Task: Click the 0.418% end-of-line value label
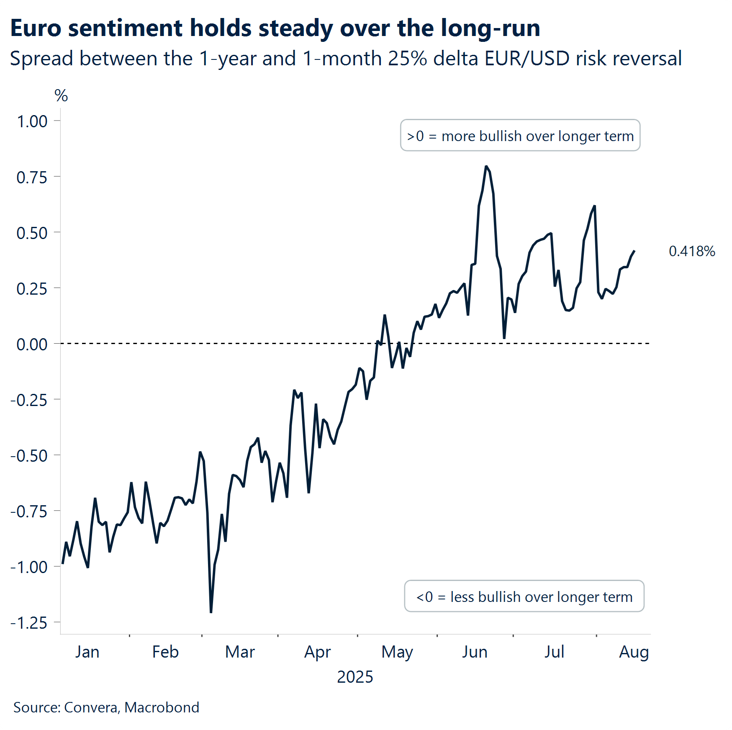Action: point(692,251)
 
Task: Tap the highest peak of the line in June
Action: point(486,167)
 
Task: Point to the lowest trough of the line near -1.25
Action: point(211,612)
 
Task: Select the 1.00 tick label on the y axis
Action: point(32,121)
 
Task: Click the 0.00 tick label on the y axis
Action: point(32,344)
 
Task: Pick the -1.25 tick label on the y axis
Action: point(29,623)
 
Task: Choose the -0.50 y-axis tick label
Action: point(29,455)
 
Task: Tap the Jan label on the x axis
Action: point(87,652)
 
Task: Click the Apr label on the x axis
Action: point(317,652)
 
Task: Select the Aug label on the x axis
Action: point(634,652)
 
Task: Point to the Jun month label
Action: point(475,652)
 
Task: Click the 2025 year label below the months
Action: point(355,677)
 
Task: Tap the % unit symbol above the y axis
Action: point(61,96)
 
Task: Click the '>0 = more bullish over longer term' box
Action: point(520,136)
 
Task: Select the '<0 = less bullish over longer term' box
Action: point(524,596)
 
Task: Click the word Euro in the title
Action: point(36,28)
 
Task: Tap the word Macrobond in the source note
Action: point(162,707)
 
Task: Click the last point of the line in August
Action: point(634,251)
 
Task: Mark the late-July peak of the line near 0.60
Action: point(594,206)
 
